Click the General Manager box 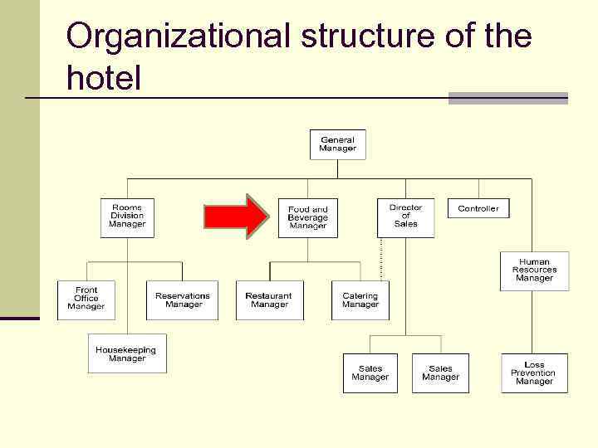[337, 144]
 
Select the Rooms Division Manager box [127, 217]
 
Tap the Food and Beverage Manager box [307, 217]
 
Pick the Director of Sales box [405, 217]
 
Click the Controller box [478, 208]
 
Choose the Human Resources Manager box [534, 270]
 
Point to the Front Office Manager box [86, 299]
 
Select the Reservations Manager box [183, 299]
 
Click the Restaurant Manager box [269, 299]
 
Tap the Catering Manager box [360, 299]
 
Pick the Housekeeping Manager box [127, 353]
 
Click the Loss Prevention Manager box [534, 373]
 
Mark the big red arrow [237, 217]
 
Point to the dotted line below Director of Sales [381, 259]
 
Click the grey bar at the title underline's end [507, 98]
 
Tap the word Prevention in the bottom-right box [534, 373]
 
